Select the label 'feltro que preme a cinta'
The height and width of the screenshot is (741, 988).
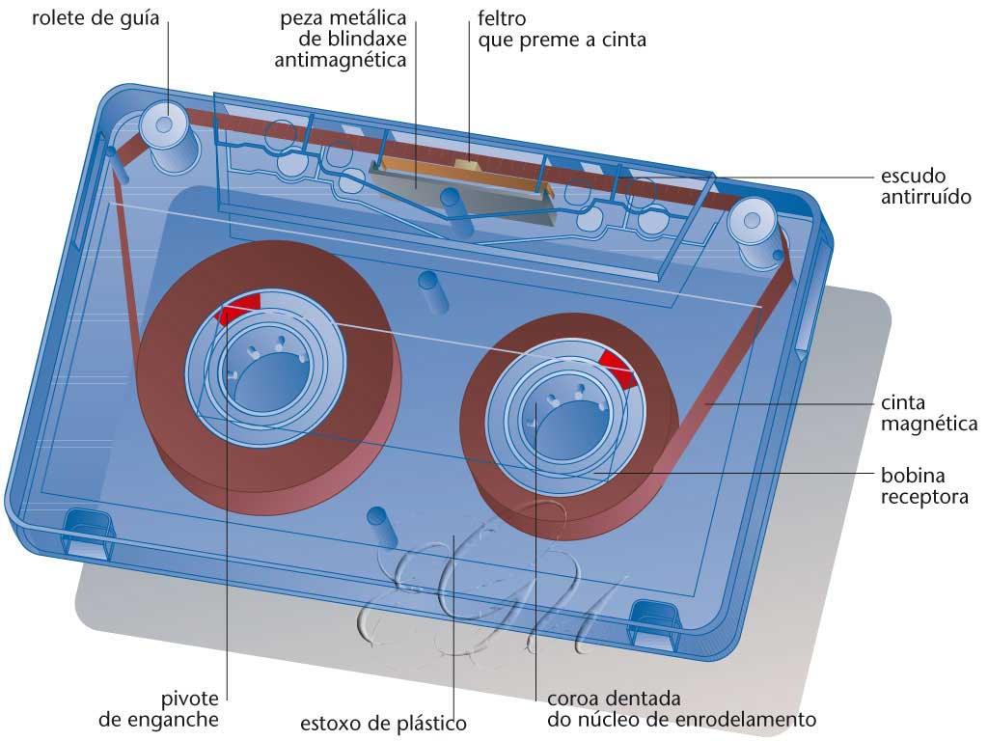[x=561, y=29]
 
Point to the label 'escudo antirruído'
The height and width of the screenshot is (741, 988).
[x=925, y=186]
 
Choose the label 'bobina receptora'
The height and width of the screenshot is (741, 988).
[x=924, y=485]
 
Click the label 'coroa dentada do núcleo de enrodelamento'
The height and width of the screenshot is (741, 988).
[x=681, y=709]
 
